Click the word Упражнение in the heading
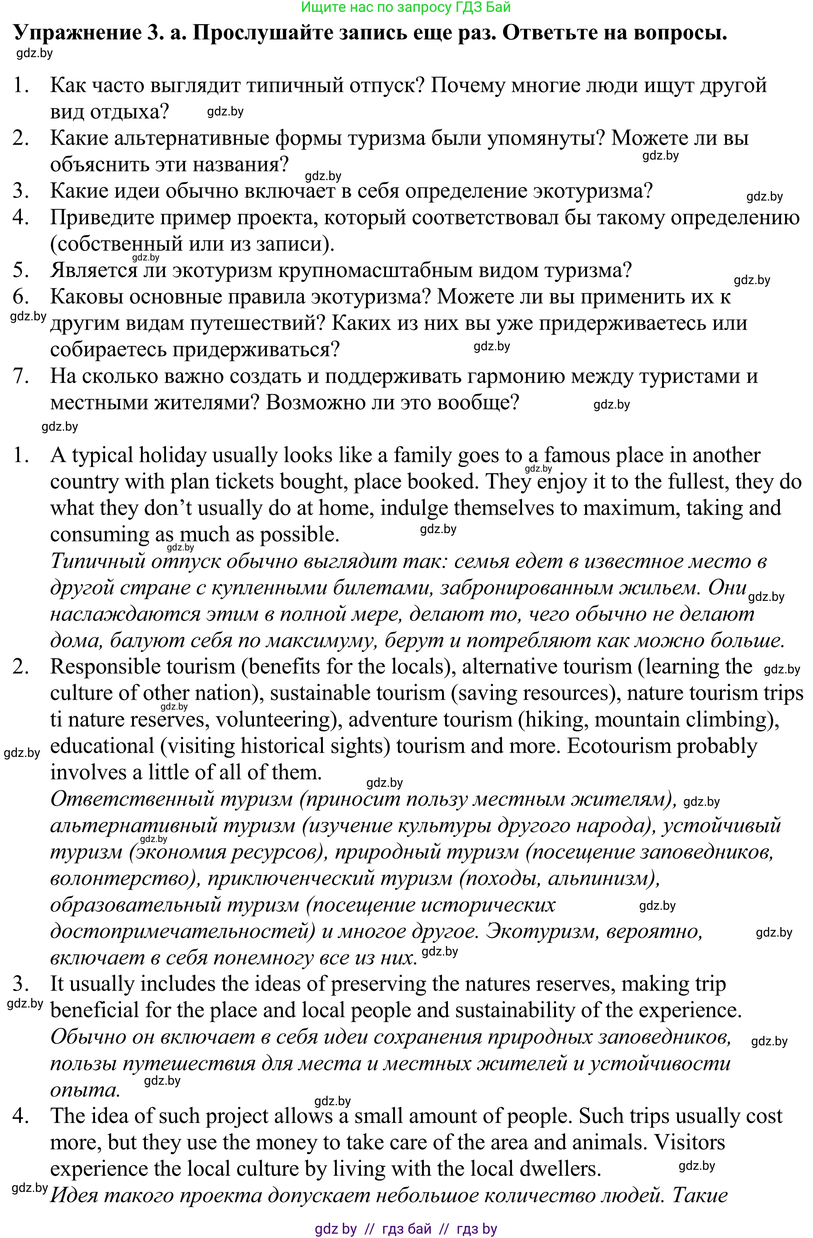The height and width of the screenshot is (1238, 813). coord(75,33)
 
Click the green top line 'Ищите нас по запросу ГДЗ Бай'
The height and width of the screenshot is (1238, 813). coord(406,7)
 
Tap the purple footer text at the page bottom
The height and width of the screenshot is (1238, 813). coord(406,1229)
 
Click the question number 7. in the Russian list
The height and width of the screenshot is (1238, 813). coord(21,376)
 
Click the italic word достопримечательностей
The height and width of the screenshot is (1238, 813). coord(179,931)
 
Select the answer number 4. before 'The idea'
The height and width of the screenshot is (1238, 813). coord(21,1116)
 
